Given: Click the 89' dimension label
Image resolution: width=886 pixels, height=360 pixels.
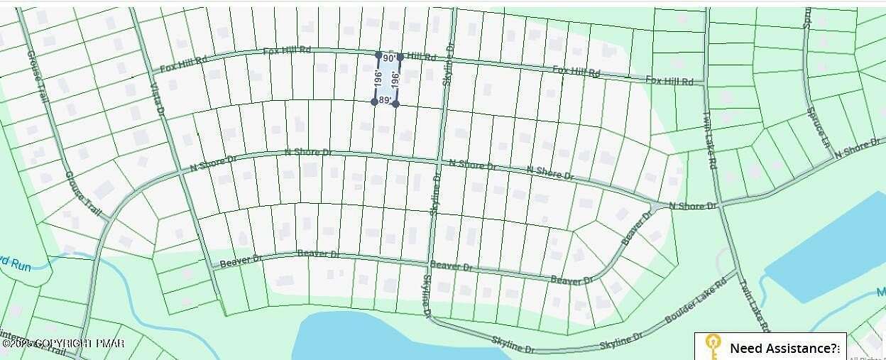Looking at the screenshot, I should [x=385, y=101].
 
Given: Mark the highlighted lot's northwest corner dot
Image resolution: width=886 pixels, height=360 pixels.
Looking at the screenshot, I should [x=378, y=55].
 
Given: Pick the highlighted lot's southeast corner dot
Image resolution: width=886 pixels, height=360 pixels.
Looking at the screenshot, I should [x=395, y=104].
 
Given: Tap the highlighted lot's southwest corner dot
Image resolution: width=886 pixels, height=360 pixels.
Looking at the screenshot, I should [x=374, y=102].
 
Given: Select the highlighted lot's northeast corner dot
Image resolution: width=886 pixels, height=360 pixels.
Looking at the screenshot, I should [x=400, y=57].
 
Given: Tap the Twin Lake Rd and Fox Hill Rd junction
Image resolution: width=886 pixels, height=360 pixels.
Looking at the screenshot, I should [x=705, y=84].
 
